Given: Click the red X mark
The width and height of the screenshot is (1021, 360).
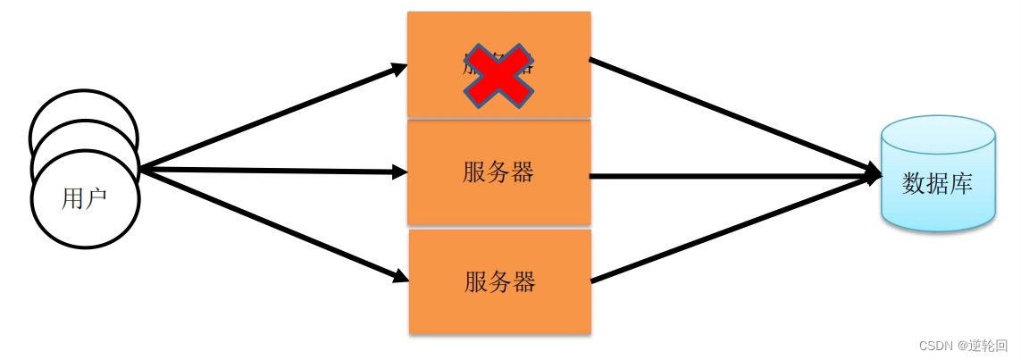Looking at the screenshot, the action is click(498, 76).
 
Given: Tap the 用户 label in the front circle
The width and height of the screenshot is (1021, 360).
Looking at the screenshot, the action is click(84, 198).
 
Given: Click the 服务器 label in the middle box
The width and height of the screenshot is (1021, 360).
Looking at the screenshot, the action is click(498, 172).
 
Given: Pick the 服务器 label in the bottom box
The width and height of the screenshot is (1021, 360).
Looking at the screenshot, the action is click(499, 282).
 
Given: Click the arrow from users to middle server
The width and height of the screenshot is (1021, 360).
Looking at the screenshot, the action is click(268, 171).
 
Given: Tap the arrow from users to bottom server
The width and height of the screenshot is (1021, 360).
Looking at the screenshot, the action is click(268, 223).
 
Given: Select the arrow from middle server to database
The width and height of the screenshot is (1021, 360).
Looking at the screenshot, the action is click(732, 176).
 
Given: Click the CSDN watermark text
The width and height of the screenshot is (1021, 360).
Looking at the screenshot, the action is click(963, 346).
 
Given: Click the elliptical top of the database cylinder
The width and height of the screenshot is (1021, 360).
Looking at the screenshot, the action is click(938, 134).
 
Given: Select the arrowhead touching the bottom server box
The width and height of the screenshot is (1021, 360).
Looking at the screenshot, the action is click(401, 277).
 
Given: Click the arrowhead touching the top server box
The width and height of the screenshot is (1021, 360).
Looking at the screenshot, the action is click(399, 68).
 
